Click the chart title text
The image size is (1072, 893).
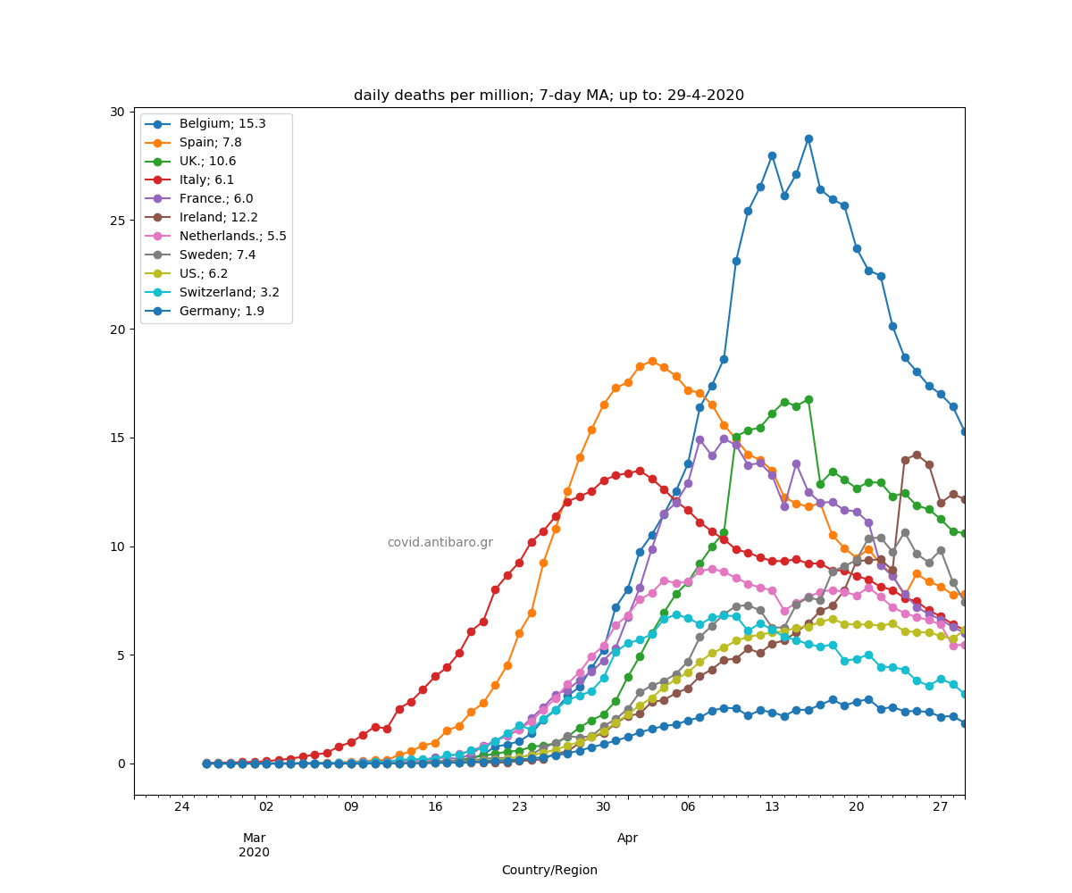[549, 96]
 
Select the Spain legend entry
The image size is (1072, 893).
[210, 142]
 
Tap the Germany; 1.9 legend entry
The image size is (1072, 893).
[222, 312]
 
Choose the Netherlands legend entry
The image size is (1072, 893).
[232, 237]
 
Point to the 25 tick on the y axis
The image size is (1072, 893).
[117, 221]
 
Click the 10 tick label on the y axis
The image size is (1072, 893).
[117, 547]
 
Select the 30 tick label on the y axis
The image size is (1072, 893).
[117, 112]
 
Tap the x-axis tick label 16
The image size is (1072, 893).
[435, 807]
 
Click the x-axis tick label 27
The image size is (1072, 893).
[940, 807]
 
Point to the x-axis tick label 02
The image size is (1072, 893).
[266, 807]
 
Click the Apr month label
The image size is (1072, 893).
[627, 839]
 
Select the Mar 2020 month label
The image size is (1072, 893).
[255, 845]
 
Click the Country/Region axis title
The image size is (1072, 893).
[549, 870]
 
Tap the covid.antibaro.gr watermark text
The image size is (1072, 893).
[440, 543]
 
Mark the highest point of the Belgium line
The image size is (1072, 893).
[808, 139]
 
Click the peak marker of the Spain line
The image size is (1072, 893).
[652, 361]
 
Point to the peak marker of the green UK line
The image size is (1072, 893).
[808, 399]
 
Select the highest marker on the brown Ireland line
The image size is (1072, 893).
[917, 455]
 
